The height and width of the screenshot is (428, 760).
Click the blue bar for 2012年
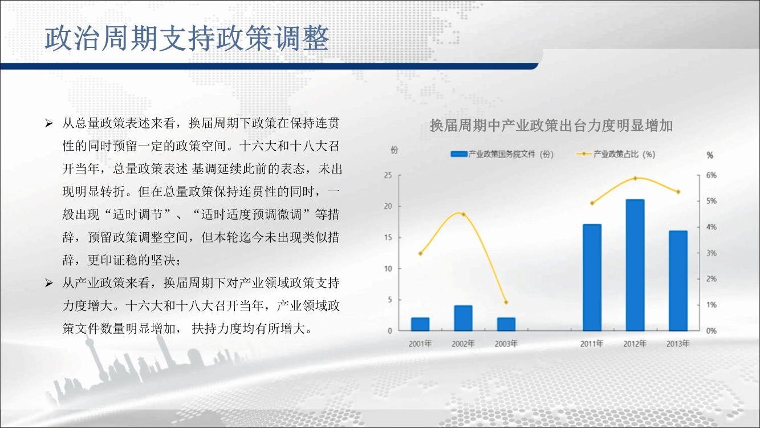click(x=635, y=265)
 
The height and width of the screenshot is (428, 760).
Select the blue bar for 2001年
click(x=420, y=324)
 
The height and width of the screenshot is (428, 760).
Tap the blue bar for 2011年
click(x=592, y=277)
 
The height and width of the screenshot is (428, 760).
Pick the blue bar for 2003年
click(x=506, y=324)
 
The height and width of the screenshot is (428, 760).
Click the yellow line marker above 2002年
click(x=464, y=215)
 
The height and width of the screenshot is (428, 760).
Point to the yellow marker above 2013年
click(x=678, y=192)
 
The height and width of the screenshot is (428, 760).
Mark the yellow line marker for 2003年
click(x=506, y=302)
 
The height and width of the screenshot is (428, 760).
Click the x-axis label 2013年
click(x=678, y=344)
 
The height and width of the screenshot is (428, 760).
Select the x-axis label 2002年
click(x=463, y=344)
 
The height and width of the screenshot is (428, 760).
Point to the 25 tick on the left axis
click(x=388, y=175)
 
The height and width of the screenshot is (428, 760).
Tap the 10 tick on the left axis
click(x=388, y=269)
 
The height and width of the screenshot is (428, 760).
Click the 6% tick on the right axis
click(x=712, y=175)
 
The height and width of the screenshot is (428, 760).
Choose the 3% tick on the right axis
click(x=712, y=253)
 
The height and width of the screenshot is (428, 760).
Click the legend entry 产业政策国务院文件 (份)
click(x=502, y=154)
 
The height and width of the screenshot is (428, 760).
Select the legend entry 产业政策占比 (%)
click(x=616, y=154)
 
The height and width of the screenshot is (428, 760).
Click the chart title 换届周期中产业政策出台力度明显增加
click(x=551, y=126)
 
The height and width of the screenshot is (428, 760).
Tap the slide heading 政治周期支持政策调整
click(x=187, y=38)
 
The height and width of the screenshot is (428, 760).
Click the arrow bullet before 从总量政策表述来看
click(x=49, y=123)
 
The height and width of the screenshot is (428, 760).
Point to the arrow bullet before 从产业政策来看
click(x=49, y=283)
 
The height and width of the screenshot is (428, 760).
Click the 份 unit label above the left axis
click(x=394, y=150)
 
